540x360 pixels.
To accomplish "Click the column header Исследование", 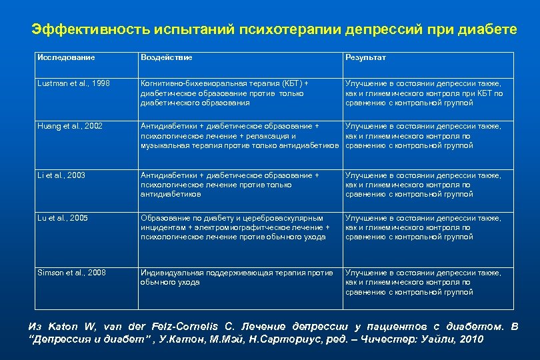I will click(x=66, y=58).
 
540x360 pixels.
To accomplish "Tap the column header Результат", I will click(x=365, y=58).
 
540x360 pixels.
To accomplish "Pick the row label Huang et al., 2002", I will click(x=71, y=126).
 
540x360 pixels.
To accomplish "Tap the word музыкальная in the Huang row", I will click(x=163, y=145).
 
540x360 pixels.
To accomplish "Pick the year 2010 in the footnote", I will click(x=471, y=339).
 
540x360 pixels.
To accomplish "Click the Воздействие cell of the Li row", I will click(x=229, y=185).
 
